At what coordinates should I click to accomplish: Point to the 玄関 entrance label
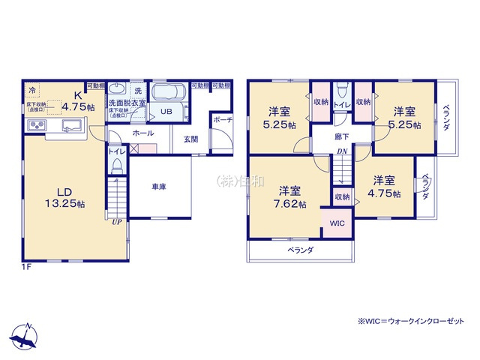[189, 139]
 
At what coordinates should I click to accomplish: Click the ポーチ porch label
[222, 120]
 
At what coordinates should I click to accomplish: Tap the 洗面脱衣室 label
[127, 103]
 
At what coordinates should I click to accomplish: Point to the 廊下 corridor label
[342, 136]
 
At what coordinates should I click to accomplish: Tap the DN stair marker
[341, 152]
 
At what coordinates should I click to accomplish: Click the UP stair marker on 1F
[117, 222]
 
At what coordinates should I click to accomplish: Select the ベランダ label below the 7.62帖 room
[300, 250]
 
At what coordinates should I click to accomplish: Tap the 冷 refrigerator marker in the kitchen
[32, 90]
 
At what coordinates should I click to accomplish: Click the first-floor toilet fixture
[115, 168]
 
